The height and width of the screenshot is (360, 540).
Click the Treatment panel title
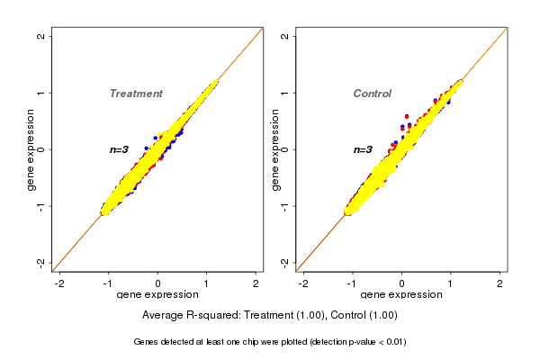(136, 94)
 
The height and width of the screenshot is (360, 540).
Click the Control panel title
(372, 94)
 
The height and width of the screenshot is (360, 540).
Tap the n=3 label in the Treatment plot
(120, 149)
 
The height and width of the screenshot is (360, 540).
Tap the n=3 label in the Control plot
(363, 149)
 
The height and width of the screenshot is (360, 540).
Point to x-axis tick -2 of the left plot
(60, 283)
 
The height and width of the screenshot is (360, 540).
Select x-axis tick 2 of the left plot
(256, 283)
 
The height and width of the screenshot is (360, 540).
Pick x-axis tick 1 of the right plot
(451, 283)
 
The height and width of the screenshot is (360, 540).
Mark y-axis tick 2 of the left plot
(41, 36)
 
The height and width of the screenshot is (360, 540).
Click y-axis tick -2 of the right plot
(284, 262)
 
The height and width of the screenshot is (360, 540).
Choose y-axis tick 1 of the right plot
(284, 93)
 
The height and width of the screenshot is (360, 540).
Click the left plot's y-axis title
(31, 149)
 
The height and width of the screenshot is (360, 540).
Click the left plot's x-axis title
(158, 295)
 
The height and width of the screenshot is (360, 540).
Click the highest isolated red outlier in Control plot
(407, 116)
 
